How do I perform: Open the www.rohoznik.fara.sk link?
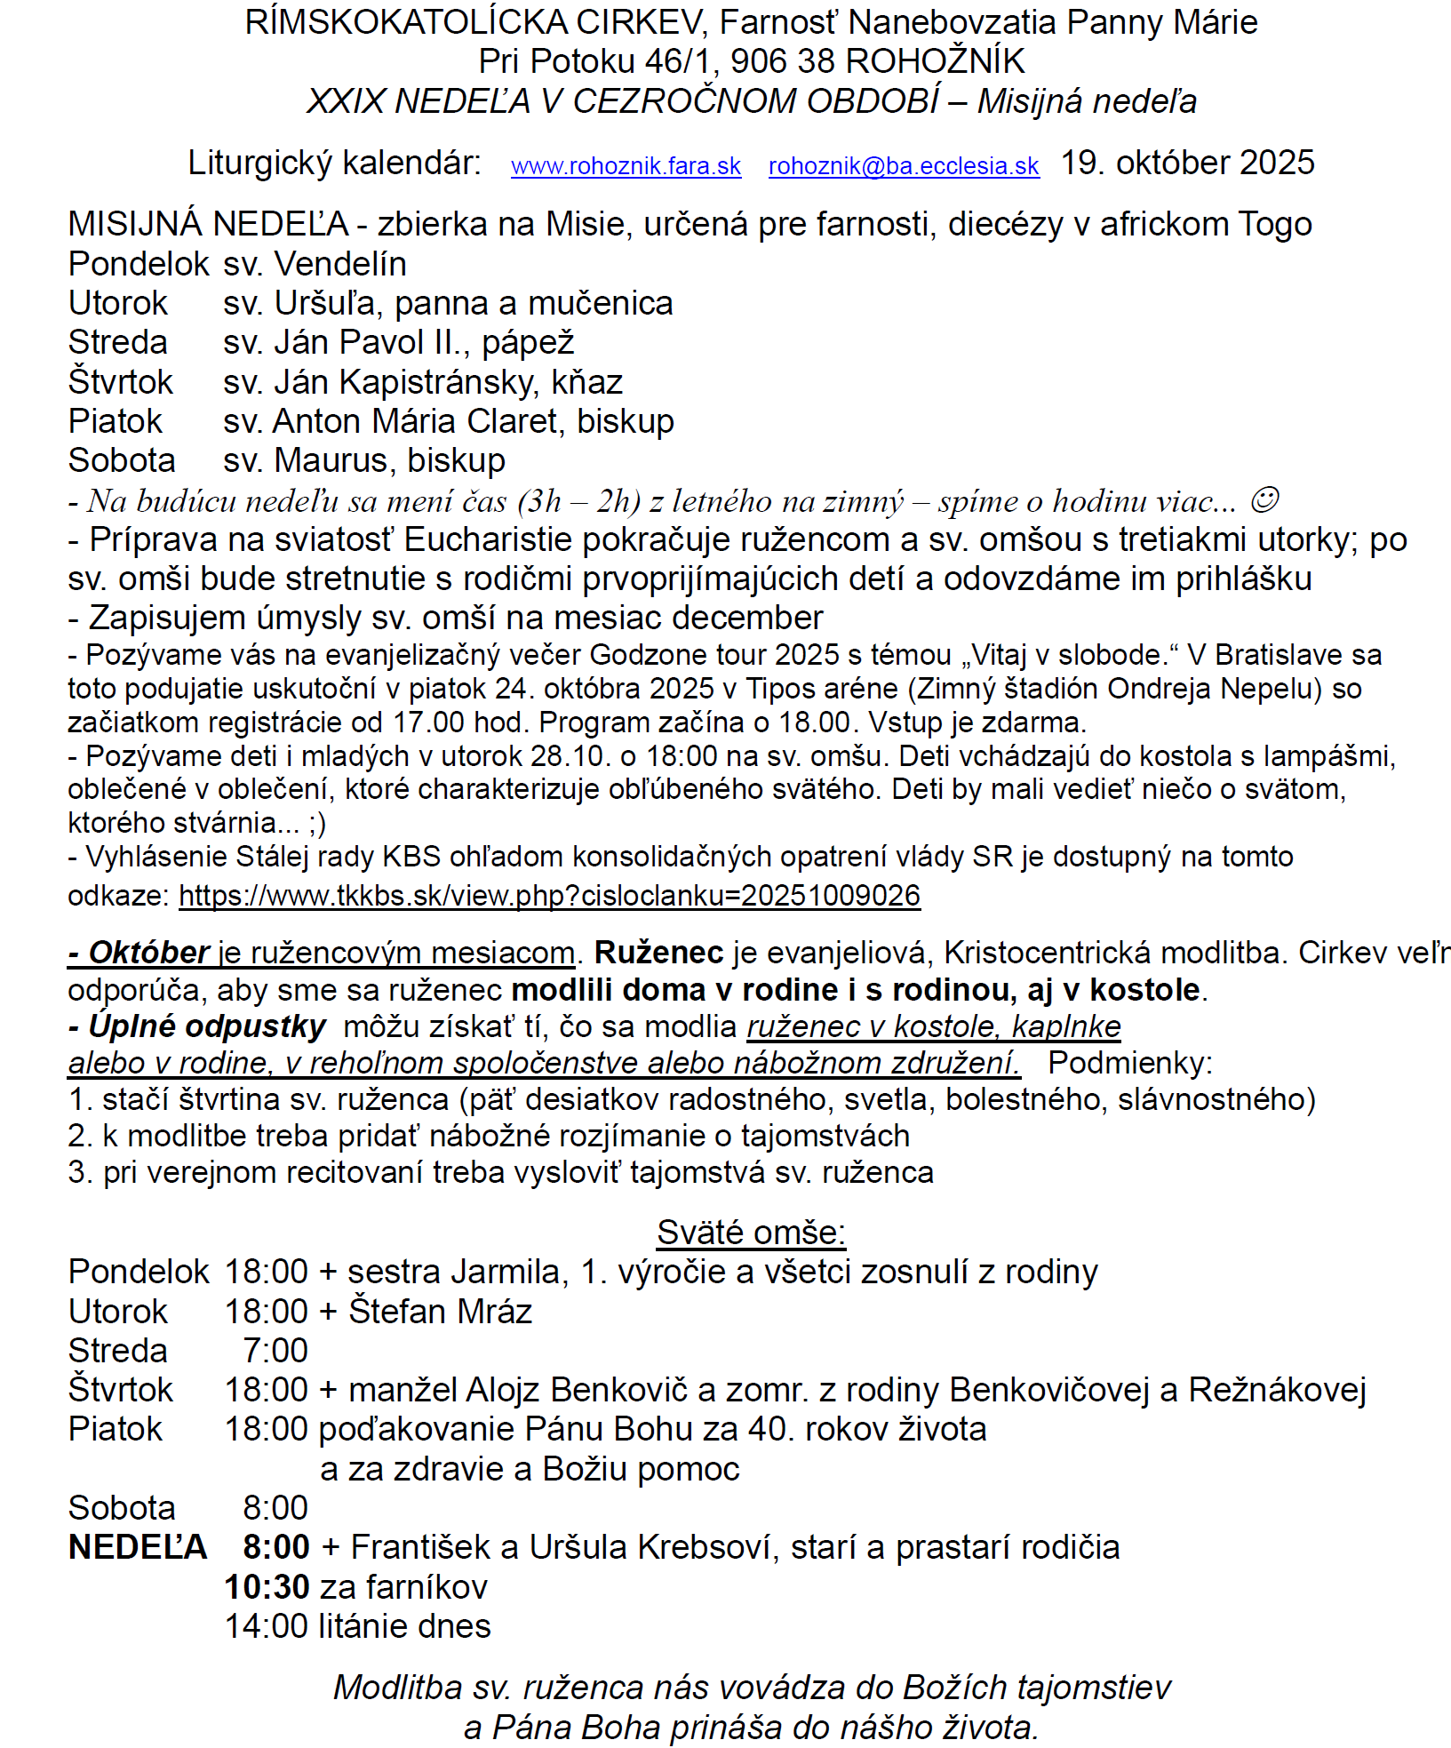pos(626,166)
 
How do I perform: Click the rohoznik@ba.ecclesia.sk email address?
pos(904,166)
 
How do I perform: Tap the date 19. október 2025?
pos(1187,163)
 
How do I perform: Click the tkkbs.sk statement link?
pos(549,895)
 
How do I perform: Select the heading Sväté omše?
pos(751,1232)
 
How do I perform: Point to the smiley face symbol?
pos(1264,501)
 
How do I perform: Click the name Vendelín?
pos(340,264)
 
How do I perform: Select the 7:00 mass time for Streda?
pos(275,1350)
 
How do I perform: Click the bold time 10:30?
pos(267,1586)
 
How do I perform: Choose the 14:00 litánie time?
pos(267,1625)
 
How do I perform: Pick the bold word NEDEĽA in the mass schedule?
pos(138,1547)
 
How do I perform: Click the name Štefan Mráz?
pos(440,1311)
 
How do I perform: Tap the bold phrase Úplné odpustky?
pos(206,1026)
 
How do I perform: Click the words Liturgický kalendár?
pos(334,163)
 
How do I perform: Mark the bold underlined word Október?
pos(148,953)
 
